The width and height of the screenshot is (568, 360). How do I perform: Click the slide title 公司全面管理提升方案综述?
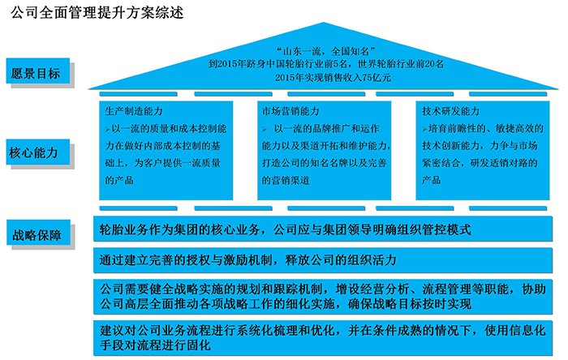pos(97,13)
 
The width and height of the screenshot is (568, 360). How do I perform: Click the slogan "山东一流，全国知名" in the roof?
pos(325,51)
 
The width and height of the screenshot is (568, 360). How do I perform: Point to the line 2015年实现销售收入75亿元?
pos(333,77)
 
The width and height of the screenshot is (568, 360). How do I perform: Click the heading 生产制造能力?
pos(134,111)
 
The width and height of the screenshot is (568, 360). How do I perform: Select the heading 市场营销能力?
pos(290,111)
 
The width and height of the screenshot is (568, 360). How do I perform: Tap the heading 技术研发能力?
pos(450,111)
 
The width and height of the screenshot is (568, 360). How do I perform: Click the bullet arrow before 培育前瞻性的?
pos(424,129)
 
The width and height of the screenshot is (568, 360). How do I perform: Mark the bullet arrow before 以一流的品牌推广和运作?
pos(265,129)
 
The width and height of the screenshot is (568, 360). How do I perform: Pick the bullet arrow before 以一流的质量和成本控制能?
pos(108,129)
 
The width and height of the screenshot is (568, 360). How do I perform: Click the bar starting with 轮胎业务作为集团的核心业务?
pos(323,229)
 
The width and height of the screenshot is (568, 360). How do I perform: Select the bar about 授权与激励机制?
pos(323,259)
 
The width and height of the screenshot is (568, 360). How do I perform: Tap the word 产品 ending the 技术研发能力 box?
pos(431,180)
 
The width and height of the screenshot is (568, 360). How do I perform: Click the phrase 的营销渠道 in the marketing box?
pos(286,180)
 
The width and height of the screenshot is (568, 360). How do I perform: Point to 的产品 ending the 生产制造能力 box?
pos(119,180)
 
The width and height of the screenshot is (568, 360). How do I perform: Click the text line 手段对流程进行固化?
pos(156,345)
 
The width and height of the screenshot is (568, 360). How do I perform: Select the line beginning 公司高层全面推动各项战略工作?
pos(286,303)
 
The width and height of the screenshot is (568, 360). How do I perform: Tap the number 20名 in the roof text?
pos(434,64)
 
